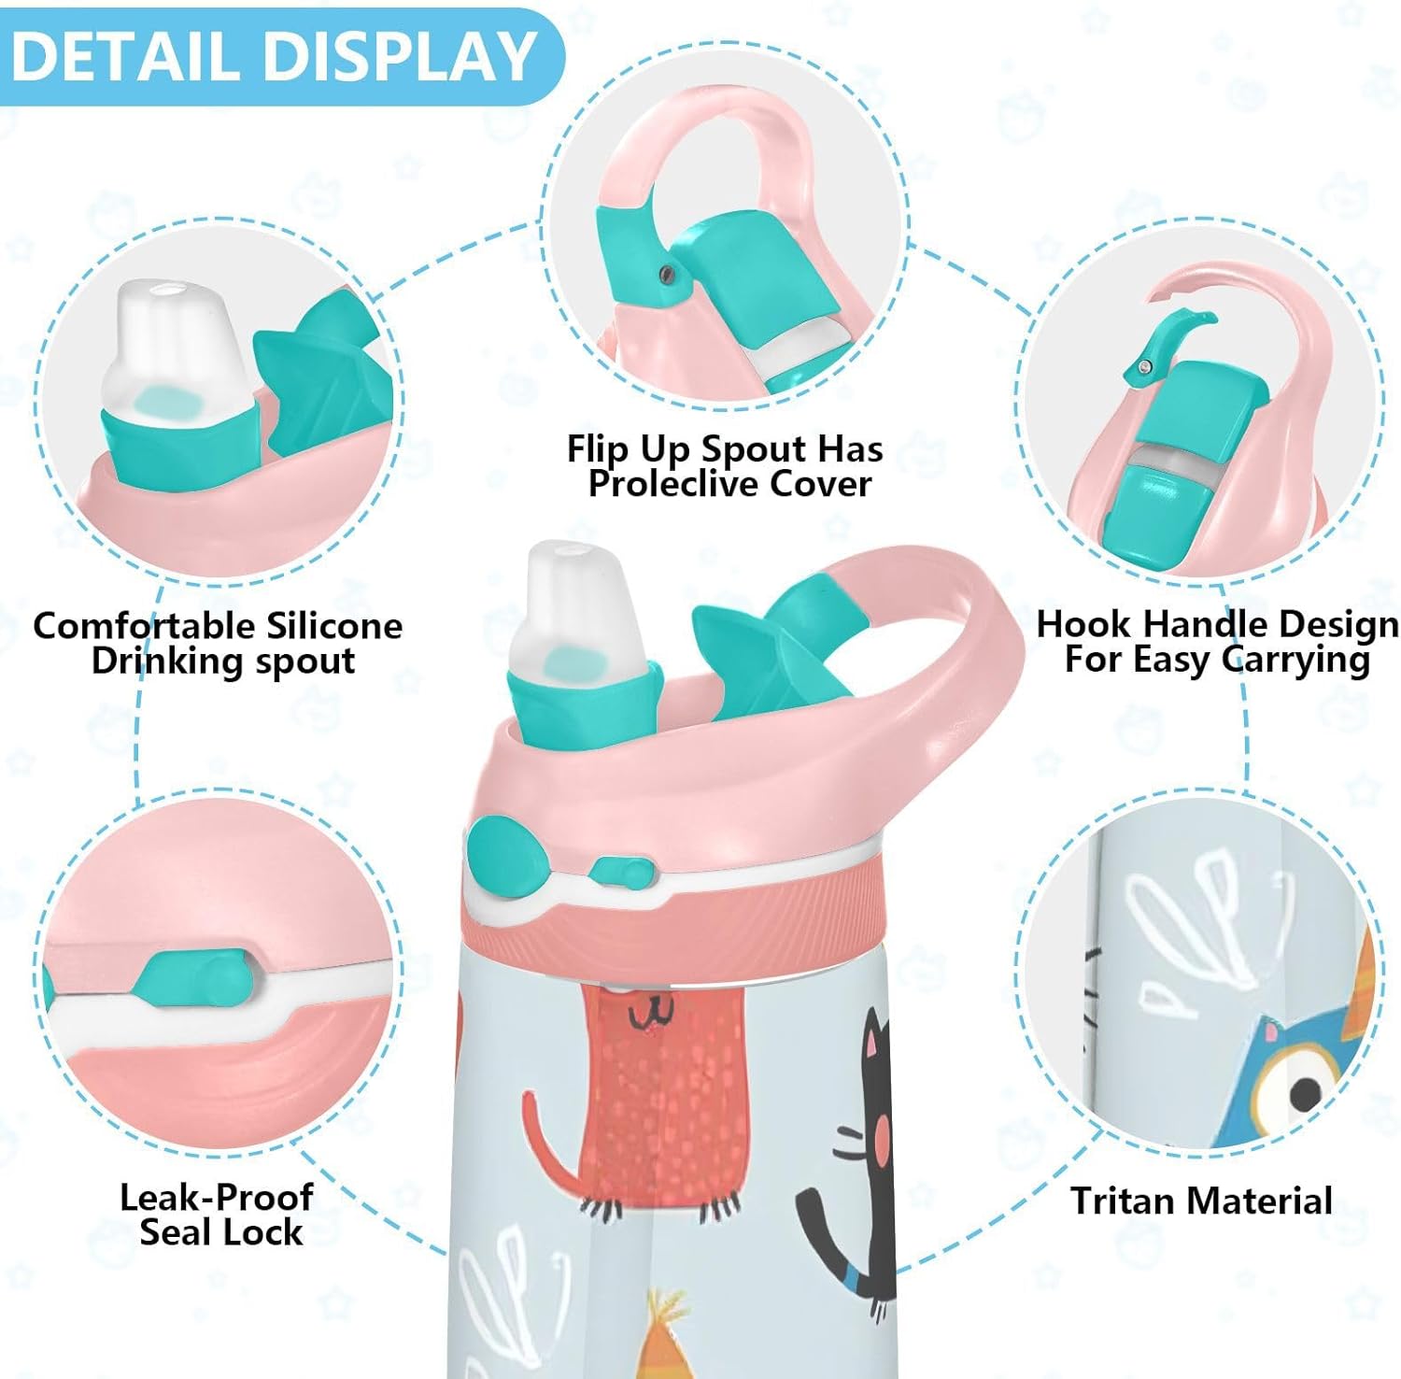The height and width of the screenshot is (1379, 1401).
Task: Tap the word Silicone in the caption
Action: pos(333,625)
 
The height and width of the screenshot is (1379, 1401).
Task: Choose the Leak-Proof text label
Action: pos(216,1197)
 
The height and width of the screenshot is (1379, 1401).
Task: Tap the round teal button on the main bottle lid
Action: pos(505,851)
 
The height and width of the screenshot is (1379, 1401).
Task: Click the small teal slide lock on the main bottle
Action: pos(621,873)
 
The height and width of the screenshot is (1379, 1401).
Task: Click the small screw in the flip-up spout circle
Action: pos(665,273)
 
